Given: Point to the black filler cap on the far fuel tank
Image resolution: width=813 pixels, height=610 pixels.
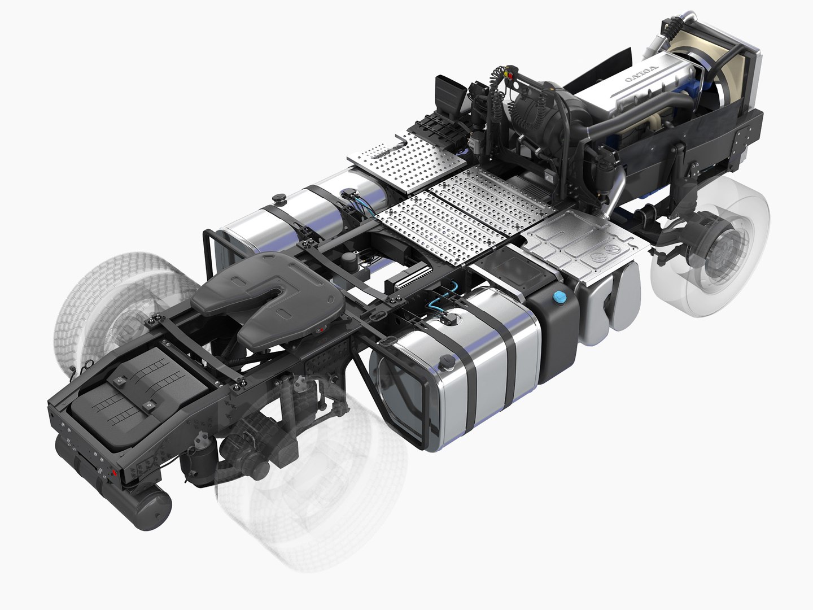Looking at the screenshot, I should [x=278, y=198].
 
